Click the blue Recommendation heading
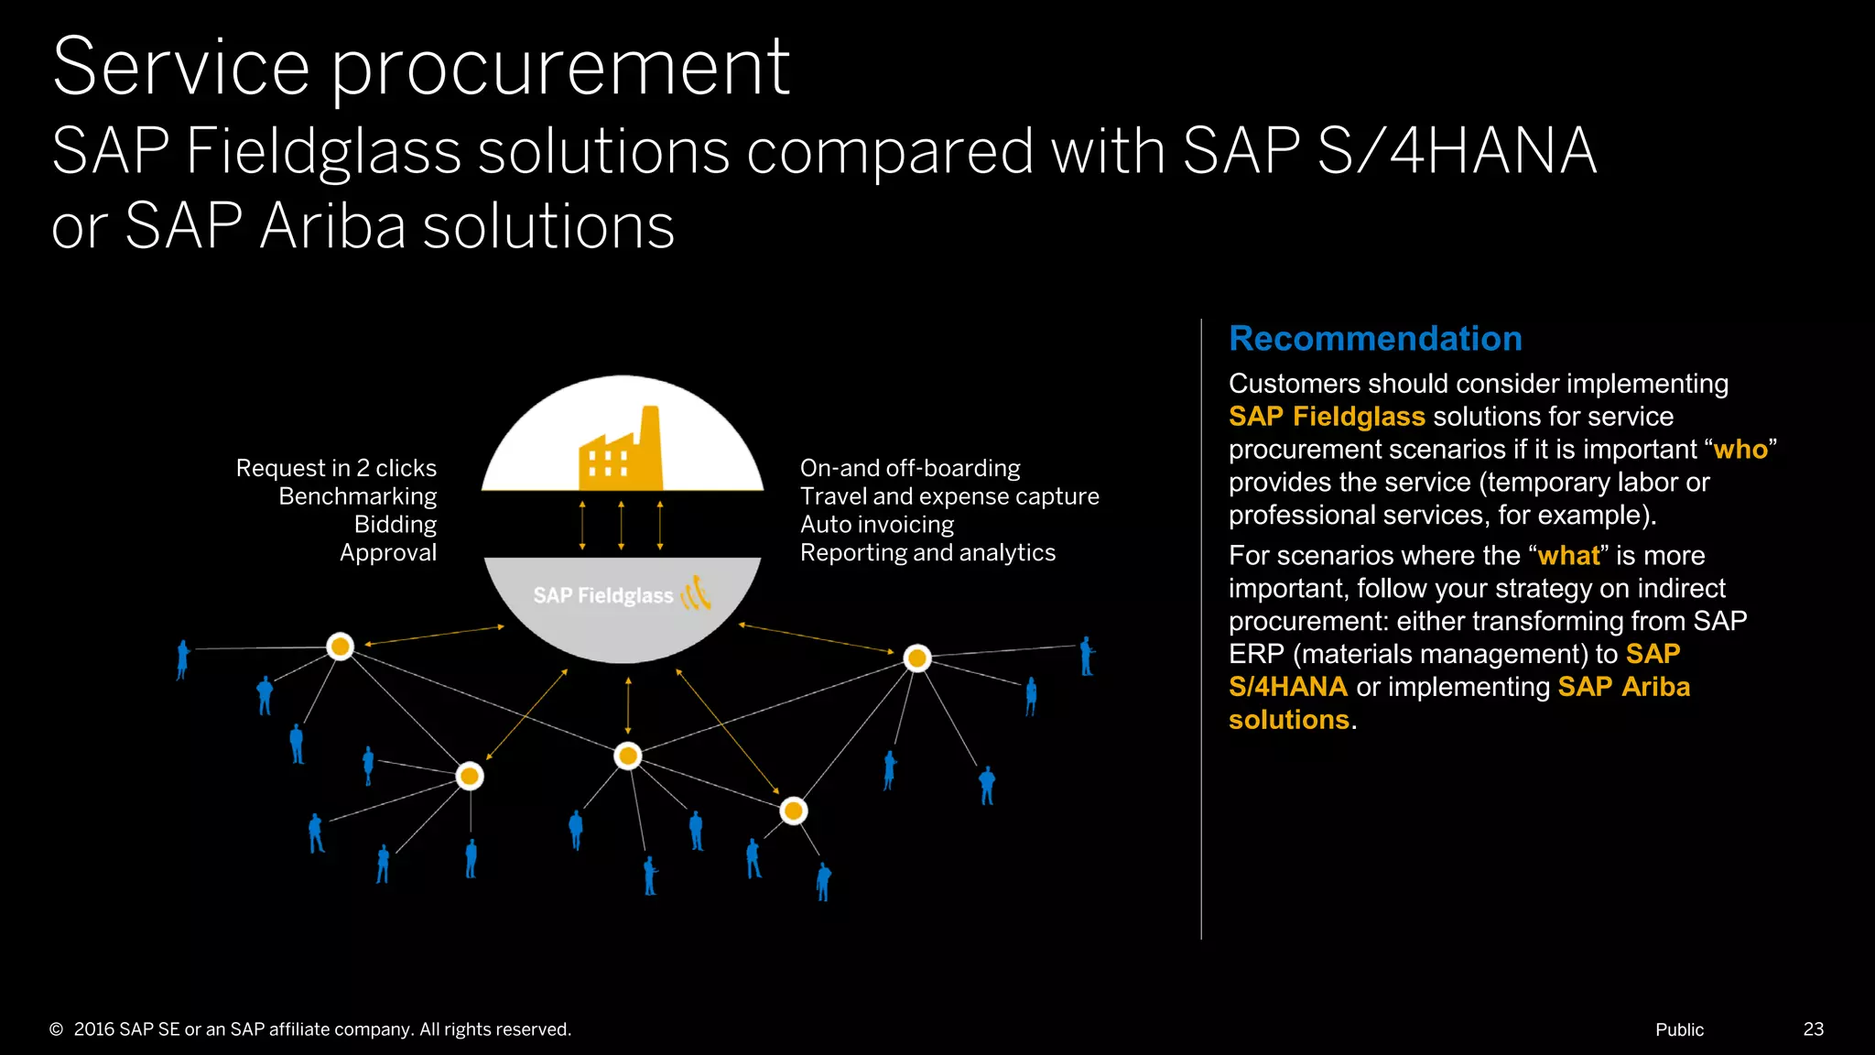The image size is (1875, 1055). point(1375,339)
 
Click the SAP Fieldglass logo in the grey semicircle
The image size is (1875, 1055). point(622,595)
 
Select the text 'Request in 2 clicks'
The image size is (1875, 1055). point(336,468)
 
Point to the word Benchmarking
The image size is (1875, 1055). point(357,496)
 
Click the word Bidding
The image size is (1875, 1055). point(395,525)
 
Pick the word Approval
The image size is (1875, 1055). point(388,553)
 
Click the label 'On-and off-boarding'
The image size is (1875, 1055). point(910,468)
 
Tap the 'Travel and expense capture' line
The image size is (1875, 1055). point(949,496)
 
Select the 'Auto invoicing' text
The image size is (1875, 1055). point(877,525)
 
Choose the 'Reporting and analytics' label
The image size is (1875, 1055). point(927,553)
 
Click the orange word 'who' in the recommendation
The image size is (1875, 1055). point(1740,450)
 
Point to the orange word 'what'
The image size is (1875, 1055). point(1568,556)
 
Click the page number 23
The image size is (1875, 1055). point(1813,1029)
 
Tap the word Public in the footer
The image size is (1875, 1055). point(1679,1029)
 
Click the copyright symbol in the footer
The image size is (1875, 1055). point(57,1029)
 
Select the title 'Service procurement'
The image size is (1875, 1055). point(421,68)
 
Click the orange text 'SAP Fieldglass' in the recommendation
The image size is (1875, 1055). point(1327,417)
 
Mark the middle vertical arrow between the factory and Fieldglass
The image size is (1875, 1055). point(622,525)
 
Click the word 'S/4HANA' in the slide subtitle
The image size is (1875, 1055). point(1457,151)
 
